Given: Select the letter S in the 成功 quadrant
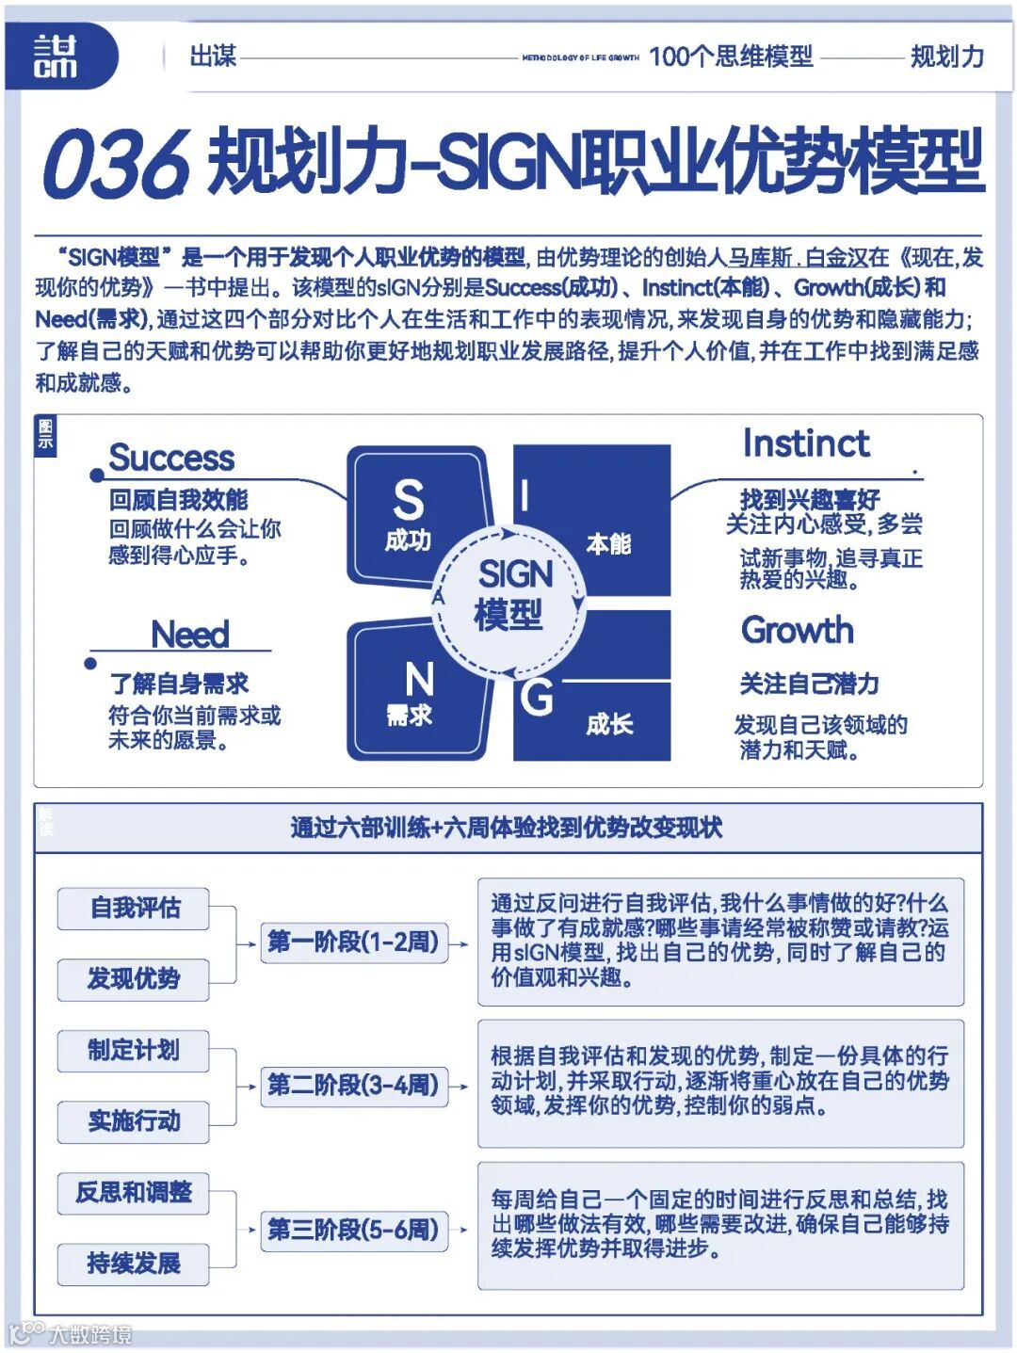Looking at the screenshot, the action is point(408,500).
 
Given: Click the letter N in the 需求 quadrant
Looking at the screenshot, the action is point(418,679).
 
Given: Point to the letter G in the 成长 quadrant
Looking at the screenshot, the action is point(537,698).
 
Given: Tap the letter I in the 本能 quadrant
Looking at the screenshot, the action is point(525,495).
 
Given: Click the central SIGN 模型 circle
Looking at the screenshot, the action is point(509,594).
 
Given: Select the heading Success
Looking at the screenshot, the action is point(171,458).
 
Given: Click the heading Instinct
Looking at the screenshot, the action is point(805,443).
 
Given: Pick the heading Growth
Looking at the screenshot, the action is point(798,630).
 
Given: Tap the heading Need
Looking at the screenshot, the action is point(189,634).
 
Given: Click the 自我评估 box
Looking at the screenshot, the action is point(134,908).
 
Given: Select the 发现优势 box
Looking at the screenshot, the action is point(134,978).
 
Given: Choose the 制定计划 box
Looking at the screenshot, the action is point(134,1050).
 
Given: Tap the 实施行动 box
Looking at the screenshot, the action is point(134,1120).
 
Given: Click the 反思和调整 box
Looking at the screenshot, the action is point(134,1192).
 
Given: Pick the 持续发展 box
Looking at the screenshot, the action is point(134,1263).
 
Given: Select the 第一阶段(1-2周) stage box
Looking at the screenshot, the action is point(353,942).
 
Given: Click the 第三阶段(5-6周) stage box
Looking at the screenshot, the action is point(353,1229).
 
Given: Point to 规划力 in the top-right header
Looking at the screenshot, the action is point(946,56).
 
